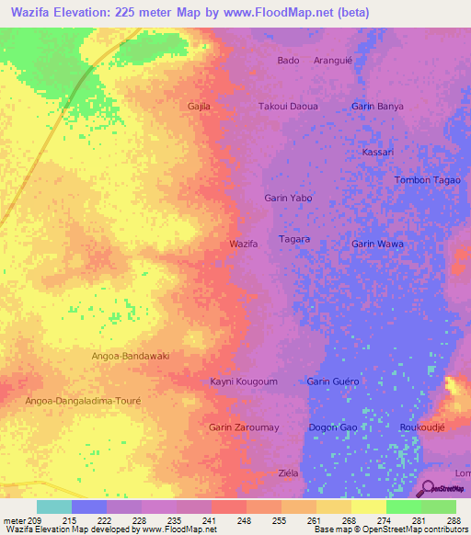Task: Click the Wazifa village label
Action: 243,244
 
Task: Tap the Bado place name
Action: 288,61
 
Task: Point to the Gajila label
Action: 199,107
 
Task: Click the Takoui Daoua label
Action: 288,107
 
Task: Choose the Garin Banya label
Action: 377,107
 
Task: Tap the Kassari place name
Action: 378,152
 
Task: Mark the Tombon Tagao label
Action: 427,180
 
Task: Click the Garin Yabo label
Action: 288,198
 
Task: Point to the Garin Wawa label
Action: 377,244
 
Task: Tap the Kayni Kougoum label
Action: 244,381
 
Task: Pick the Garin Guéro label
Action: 333,381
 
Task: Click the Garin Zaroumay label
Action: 244,427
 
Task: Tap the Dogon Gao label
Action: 333,427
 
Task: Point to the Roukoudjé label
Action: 423,427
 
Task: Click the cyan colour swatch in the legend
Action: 53,507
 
